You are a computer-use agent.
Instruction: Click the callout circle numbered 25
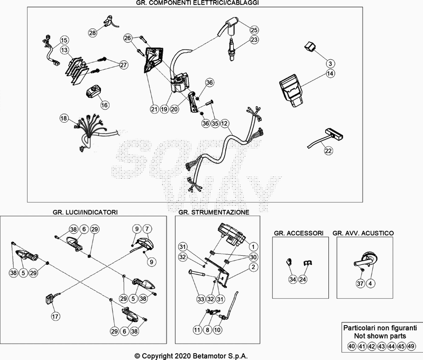point(254,30)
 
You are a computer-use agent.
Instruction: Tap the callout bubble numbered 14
point(329,63)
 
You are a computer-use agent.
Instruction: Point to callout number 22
point(328,151)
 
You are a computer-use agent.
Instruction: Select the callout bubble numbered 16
point(104,105)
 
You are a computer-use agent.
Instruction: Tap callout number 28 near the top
point(93,33)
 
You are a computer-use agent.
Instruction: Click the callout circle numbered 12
point(225,123)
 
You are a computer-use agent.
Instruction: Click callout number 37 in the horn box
point(360,284)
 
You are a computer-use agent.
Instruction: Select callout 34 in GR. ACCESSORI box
point(292,279)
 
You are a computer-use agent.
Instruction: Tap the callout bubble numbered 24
point(303,279)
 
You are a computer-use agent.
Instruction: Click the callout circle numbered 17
point(55,317)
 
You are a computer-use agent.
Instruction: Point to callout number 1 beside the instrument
point(253,247)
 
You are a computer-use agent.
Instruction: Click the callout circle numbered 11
point(197,330)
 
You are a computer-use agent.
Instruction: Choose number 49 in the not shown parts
point(412,347)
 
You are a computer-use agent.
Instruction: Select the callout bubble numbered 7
point(148,229)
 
